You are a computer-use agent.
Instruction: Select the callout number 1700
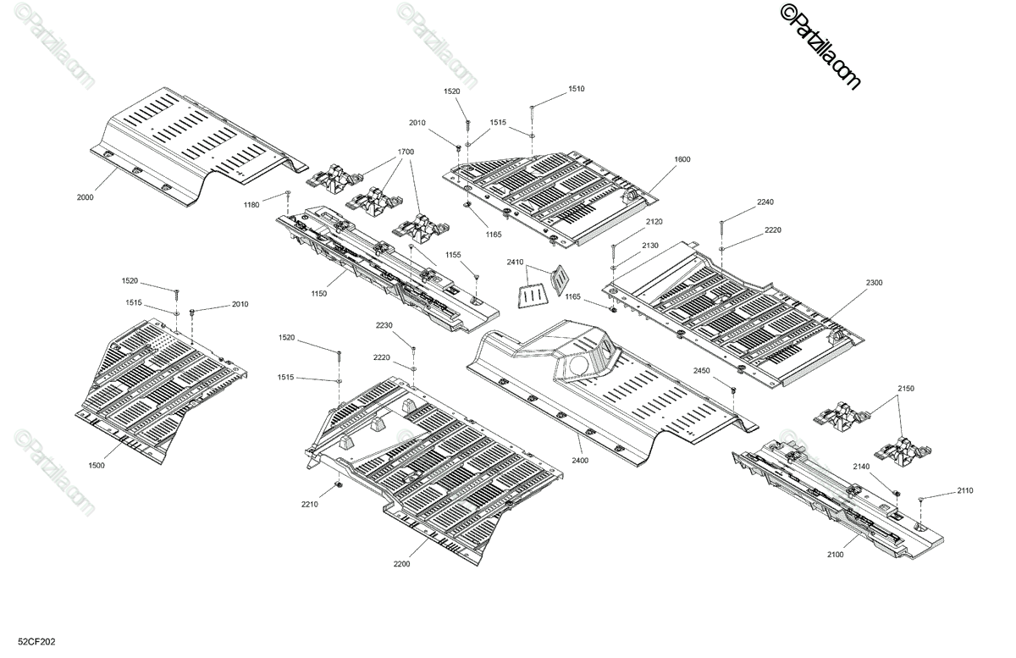pyautogui.click(x=405, y=152)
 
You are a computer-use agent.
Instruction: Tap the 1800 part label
pyautogui.click(x=682, y=159)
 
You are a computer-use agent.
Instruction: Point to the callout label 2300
pyautogui.click(x=874, y=283)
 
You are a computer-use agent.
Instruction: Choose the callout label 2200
pyautogui.click(x=401, y=564)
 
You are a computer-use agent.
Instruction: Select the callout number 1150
pyautogui.click(x=318, y=294)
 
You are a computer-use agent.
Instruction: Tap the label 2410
pyautogui.click(x=516, y=263)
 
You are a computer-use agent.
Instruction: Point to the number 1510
pyautogui.click(x=576, y=89)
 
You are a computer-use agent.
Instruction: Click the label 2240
pyautogui.click(x=742, y=202)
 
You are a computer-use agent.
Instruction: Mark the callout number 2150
pyautogui.click(x=906, y=388)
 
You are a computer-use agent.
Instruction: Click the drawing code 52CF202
pyautogui.click(x=36, y=643)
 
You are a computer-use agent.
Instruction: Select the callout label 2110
pyautogui.click(x=965, y=490)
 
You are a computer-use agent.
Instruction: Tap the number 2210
pyautogui.click(x=309, y=505)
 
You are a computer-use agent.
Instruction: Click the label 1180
pyautogui.click(x=251, y=205)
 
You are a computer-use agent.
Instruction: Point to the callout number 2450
pyautogui.click(x=701, y=371)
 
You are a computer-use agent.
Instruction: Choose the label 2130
pyautogui.click(x=650, y=245)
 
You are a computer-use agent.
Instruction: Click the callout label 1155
pyautogui.click(x=454, y=255)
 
